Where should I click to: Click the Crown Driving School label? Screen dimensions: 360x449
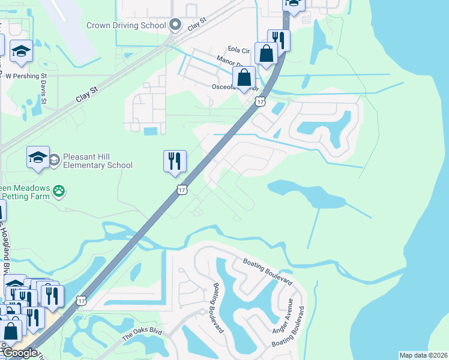pos(125,25)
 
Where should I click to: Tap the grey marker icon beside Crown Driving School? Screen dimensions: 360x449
pos(175,25)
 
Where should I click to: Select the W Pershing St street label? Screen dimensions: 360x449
pos(26,76)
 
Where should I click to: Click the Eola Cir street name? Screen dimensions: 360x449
pos(238,50)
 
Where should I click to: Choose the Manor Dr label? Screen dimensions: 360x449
pos(229,62)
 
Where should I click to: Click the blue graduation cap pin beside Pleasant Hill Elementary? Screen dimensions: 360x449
pos(38,158)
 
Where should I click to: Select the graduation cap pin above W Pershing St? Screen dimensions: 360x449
pos(22,52)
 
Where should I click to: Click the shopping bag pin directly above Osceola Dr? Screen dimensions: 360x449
pos(244,77)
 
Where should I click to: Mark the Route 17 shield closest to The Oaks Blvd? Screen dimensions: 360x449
pos(82,299)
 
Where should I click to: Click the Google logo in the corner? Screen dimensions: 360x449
pos(19,353)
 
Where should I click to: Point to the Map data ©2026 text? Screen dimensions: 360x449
pos(423,355)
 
